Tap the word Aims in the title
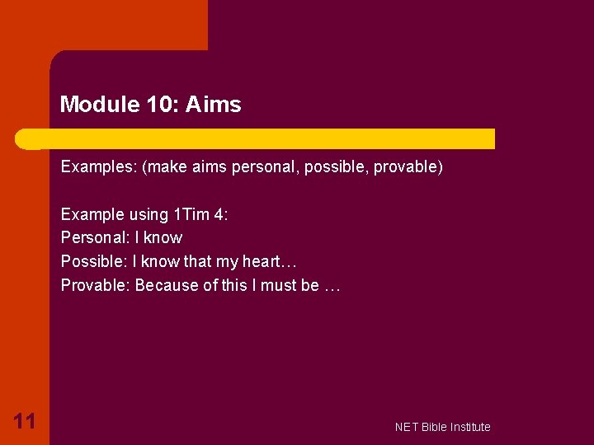pyautogui.click(x=213, y=105)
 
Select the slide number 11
pyautogui.click(x=24, y=422)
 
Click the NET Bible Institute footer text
pyautogui.click(x=442, y=427)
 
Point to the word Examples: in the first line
pyautogui.click(x=98, y=167)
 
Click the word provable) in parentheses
pyautogui.click(x=408, y=167)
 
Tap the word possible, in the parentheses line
pyautogui.click(x=337, y=167)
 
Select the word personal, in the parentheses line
pyautogui.click(x=265, y=167)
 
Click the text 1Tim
pyautogui.click(x=191, y=215)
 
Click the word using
pyautogui.click(x=148, y=215)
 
